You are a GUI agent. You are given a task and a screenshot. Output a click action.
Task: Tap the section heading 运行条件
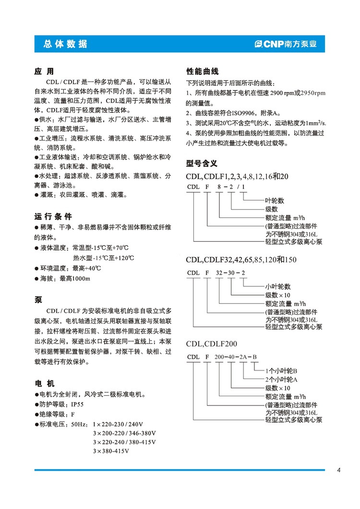(x=53, y=216)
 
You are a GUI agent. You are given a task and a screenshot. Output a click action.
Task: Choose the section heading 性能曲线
(x=202, y=71)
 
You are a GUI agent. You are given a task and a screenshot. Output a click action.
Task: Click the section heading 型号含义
(x=202, y=163)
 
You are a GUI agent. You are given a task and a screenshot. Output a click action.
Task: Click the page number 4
(x=338, y=470)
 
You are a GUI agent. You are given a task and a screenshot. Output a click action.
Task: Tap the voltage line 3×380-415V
(x=111, y=451)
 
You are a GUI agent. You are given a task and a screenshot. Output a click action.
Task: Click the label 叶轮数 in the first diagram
(x=275, y=201)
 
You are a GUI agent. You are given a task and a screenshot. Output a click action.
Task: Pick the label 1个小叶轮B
(x=282, y=371)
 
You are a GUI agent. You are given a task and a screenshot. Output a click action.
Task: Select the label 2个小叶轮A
(x=282, y=379)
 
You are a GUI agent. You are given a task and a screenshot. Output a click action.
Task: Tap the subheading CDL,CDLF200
(x=211, y=343)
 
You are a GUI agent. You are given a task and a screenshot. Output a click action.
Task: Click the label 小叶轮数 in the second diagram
(x=278, y=286)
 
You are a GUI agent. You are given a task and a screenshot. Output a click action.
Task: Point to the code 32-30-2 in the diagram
(x=230, y=273)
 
